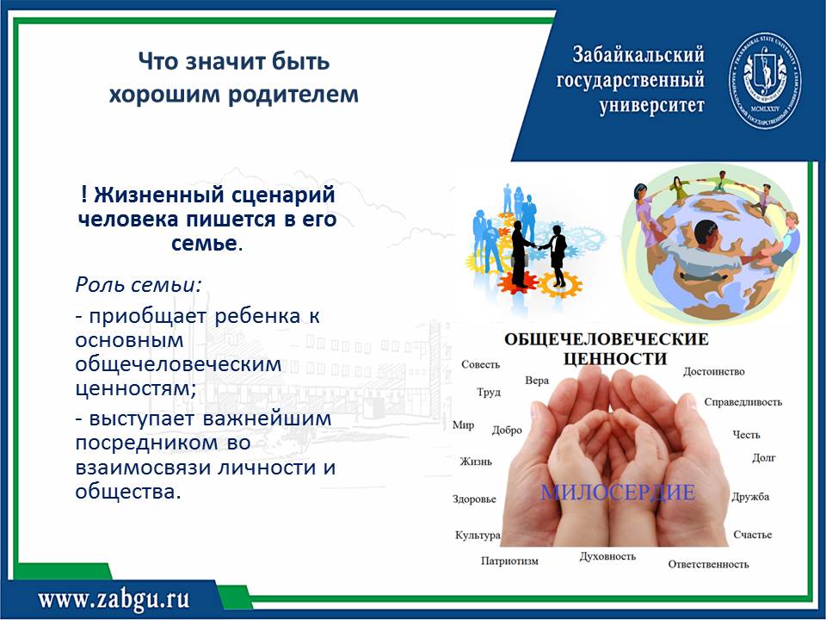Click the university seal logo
[765, 81]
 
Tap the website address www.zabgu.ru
[114, 599]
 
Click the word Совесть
[480, 364]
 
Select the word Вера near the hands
[537, 380]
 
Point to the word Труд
[489, 393]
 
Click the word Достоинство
[714, 372]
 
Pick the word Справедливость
[743, 402]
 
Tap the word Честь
[746, 434]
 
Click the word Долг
[764, 458]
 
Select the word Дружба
[750, 497]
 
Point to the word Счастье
[752, 535]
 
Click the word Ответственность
[708, 564]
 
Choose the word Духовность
[607, 556]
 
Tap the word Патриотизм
[509, 561]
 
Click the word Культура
[478, 535]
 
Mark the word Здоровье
[474, 499]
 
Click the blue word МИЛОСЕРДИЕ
[618, 493]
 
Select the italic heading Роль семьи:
[139, 285]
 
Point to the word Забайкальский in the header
[638, 54]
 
